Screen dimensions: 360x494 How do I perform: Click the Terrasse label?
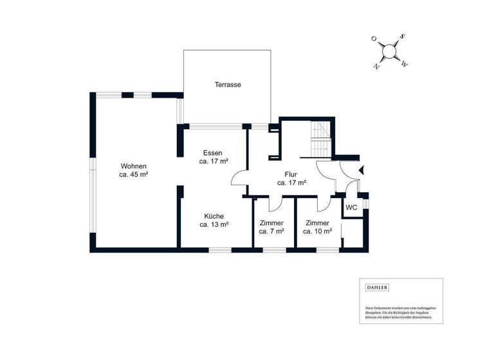[x=228, y=84]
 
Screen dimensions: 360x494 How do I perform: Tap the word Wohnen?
[x=134, y=166]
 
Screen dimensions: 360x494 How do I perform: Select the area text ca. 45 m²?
[x=134, y=174]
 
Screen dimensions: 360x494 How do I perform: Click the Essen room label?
[x=212, y=153]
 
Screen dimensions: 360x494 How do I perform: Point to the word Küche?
[x=214, y=216]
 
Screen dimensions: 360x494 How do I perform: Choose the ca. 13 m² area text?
[x=214, y=225]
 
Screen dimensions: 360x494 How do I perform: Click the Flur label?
[x=291, y=174]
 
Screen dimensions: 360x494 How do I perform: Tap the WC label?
[x=351, y=208]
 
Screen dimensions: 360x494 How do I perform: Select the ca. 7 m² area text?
[x=271, y=231]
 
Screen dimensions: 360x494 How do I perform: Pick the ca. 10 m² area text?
[x=318, y=231]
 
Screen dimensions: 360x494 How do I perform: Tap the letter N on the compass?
[x=376, y=66]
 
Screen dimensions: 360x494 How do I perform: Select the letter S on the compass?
[x=401, y=37]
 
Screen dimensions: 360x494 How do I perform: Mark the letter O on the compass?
[x=374, y=39]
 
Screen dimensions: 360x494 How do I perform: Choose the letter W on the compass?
[x=404, y=64]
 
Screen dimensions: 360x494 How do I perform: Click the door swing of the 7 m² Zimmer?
[x=274, y=204]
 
